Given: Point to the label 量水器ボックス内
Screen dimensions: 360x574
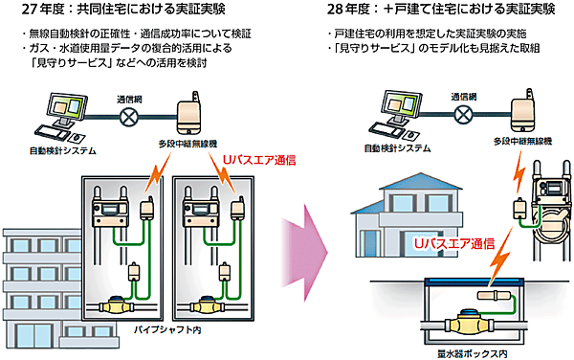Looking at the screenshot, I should click(x=468, y=350).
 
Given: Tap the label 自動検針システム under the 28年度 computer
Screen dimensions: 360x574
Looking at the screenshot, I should click(x=391, y=148).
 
